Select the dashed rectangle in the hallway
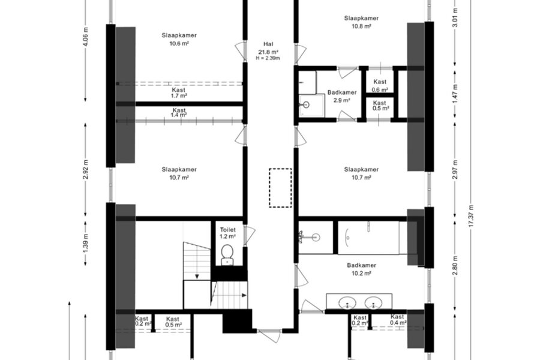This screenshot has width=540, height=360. point(280,188)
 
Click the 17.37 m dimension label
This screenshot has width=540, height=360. point(471,215)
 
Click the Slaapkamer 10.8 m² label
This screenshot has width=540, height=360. point(361,22)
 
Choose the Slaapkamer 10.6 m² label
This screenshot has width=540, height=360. point(179,39)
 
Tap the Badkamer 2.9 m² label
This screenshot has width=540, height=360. point(342,97)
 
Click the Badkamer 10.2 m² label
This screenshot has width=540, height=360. point(361,269)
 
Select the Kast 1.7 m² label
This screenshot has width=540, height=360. point(179,92)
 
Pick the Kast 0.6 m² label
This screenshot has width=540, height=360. point(380,86)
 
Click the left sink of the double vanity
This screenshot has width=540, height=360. point(347,304)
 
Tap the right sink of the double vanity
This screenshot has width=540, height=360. point(373,304)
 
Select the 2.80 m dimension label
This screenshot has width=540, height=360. point(455,266)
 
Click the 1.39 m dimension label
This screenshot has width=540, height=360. point(86,242)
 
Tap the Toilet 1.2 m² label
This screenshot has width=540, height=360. point(227,233)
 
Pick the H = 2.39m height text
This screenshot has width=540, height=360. point(268,58)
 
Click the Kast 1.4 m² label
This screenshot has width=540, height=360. point(179,113)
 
